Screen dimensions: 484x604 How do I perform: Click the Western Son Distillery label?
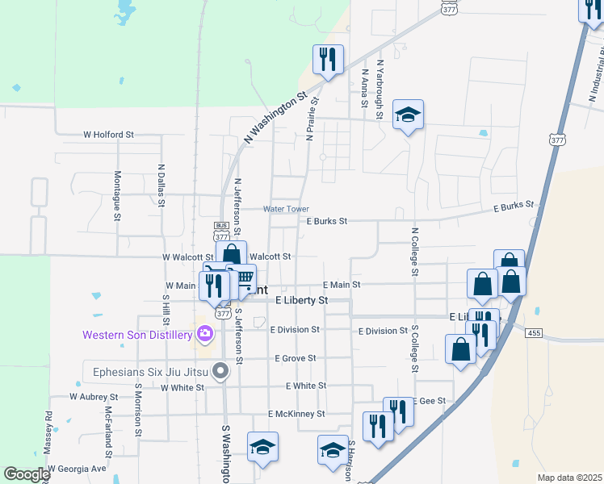(136, 333)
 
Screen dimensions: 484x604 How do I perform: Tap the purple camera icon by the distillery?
(203, 333)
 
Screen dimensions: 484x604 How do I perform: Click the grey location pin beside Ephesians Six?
(218, 372)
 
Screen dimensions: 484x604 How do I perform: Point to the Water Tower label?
(286, 209)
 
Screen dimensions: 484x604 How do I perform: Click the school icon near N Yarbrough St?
(408, 115)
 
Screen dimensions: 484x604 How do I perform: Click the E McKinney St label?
(296, 414)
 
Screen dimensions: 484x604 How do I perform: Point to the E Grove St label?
(295, 357)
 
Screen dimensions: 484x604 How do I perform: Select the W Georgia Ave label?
(77, 468)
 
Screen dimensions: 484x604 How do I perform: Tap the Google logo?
(27, 474)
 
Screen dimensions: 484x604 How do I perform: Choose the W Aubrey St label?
(94, 397)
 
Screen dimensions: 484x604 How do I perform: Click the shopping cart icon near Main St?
(242, 278)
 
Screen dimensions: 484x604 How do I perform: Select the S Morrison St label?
(138, 410)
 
